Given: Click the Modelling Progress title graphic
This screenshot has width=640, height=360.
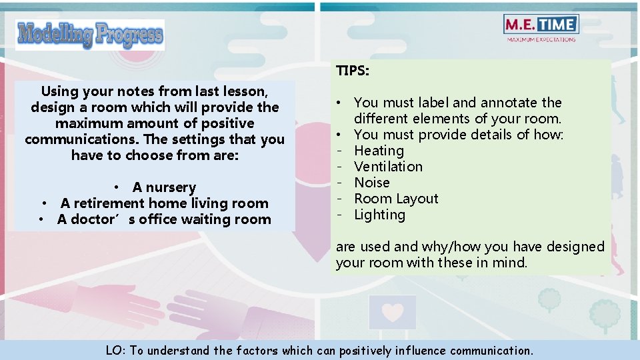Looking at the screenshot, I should [90, 35].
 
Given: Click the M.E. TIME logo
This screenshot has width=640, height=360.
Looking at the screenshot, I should [541, 25].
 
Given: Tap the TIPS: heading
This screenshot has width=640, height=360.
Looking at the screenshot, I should [353, 71].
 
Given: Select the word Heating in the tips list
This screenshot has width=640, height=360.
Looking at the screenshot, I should [379, 151].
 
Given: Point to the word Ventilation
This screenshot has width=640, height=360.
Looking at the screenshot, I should [388, 167].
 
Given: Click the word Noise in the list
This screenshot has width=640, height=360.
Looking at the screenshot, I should [371, 183].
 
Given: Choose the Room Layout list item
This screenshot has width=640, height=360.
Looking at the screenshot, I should [396, 199].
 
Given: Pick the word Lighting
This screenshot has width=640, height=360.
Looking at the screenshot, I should [379, 215].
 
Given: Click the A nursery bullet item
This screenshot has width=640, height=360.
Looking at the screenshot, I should [163, 187].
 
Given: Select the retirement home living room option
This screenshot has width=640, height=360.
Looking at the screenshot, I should [164, 203].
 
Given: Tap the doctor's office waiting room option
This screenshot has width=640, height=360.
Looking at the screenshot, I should [164, 219].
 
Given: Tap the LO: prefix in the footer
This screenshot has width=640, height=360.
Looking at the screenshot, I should [115, 350].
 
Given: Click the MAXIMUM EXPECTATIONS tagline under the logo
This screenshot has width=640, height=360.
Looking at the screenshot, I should [541, 39].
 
